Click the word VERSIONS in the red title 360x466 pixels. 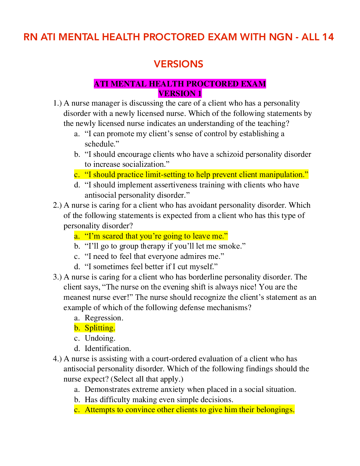coord(179,64)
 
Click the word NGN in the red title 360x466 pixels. coord(281,37)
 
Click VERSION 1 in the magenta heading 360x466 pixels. coord(180,94)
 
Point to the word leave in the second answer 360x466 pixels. coord(201,236)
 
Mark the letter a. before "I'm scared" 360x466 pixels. coord(77,236)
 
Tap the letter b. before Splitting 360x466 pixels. coord(77,328)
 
